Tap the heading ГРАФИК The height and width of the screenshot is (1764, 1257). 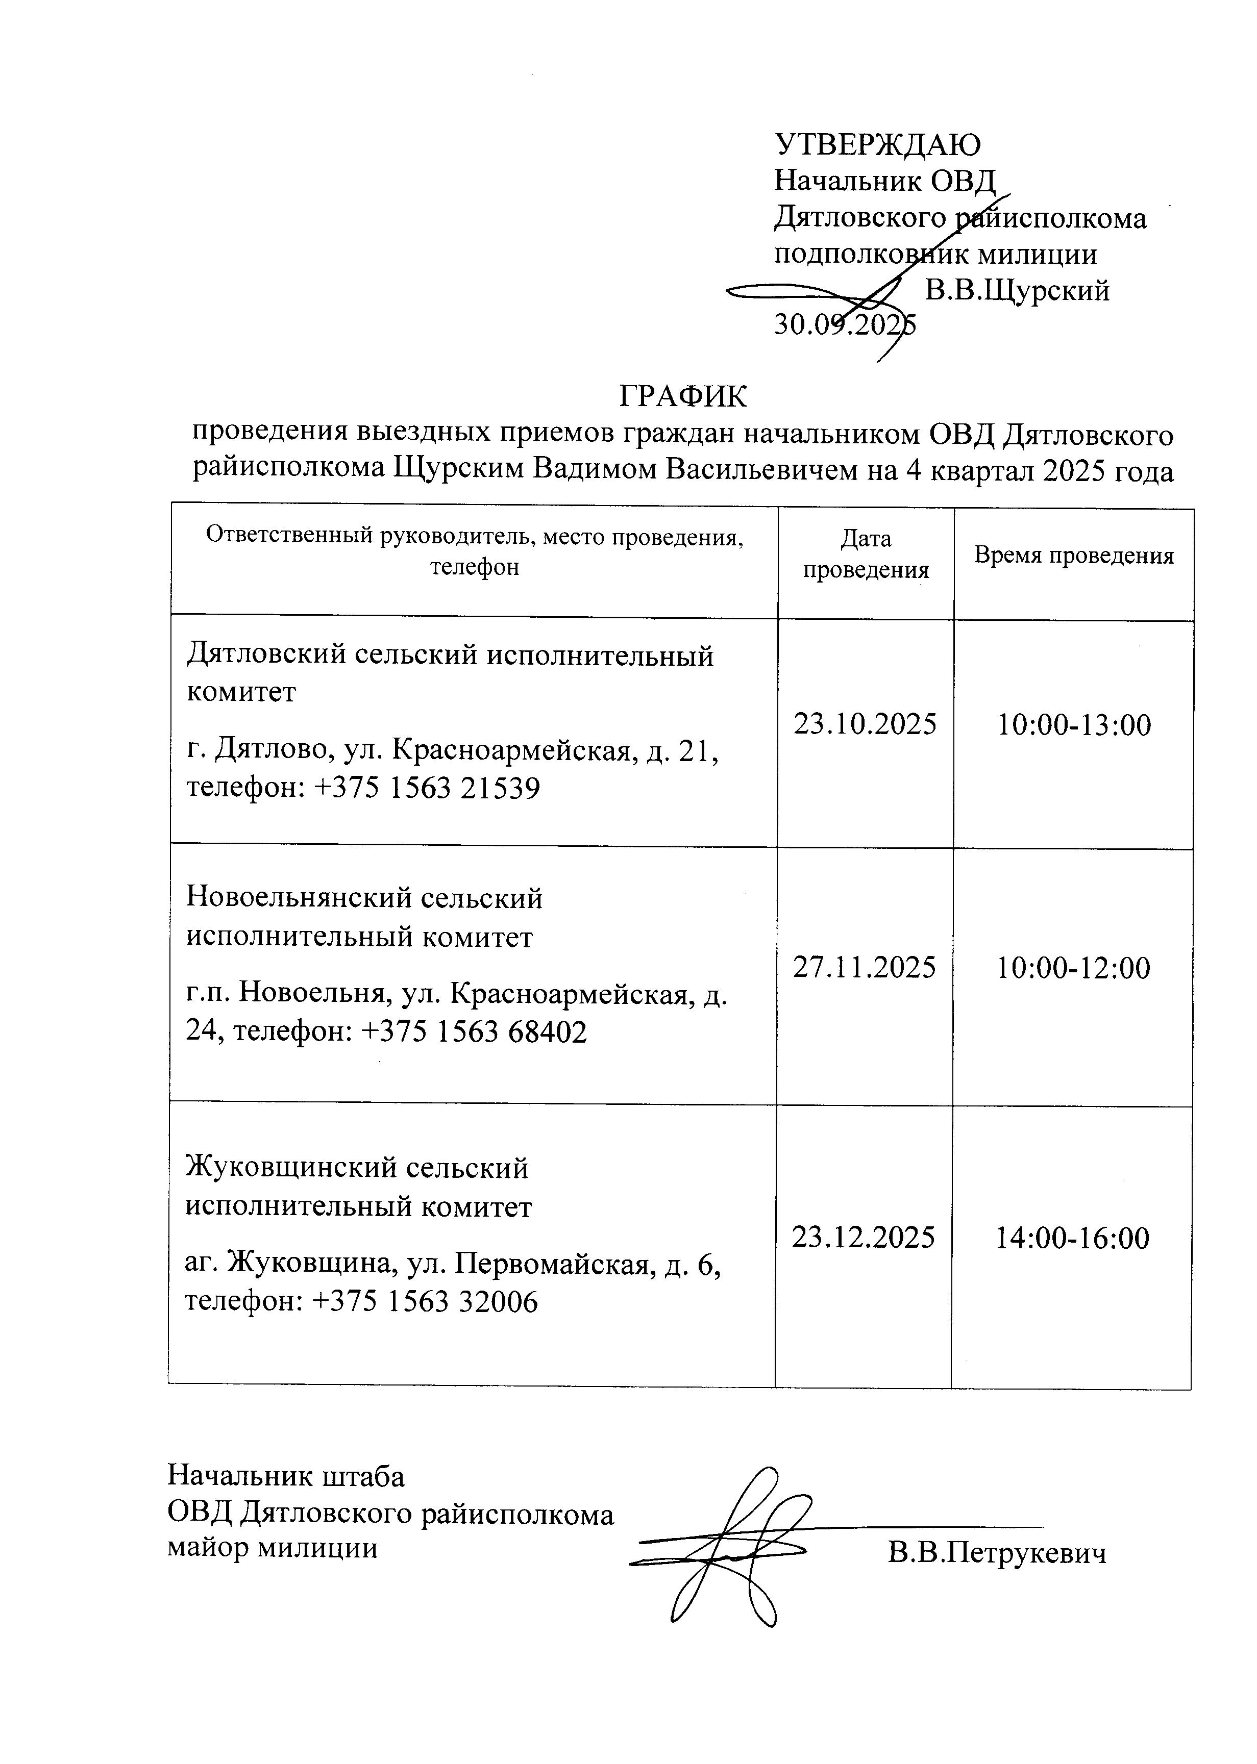point(683,397)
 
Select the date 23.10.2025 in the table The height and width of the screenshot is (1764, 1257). point(865,725)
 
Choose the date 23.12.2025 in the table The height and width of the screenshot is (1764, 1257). point(863,1237)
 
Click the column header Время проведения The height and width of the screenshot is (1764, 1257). point(1074,556)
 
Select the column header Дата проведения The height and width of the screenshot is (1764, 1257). point(866,555)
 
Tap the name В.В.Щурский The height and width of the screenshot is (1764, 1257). point(1017,291)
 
